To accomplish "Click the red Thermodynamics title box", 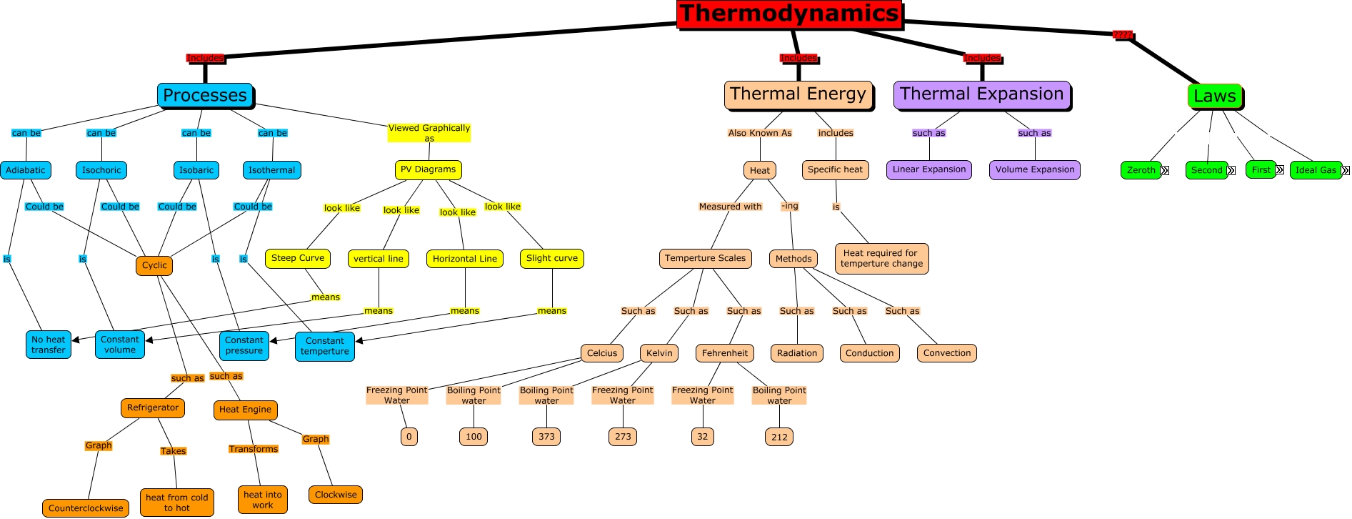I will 789,14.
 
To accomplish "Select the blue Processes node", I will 205,95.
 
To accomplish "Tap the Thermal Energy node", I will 798,94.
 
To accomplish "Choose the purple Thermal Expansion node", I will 981,94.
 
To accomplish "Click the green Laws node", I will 1214,96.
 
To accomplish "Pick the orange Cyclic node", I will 154,265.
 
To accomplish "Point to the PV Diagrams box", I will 428,169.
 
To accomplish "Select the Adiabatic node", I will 26,170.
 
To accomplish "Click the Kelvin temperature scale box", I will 659,353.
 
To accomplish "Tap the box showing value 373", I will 546,437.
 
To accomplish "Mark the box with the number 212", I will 779,437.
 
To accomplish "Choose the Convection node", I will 947,353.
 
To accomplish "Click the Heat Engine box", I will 245,410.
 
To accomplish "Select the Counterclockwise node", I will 86,508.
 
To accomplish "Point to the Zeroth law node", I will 1141,170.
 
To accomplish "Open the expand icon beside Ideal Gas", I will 1346,170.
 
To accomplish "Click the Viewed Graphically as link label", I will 429,133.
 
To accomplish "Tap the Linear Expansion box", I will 929,169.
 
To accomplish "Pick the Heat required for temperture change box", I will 881,258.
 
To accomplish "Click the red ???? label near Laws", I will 1122,34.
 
